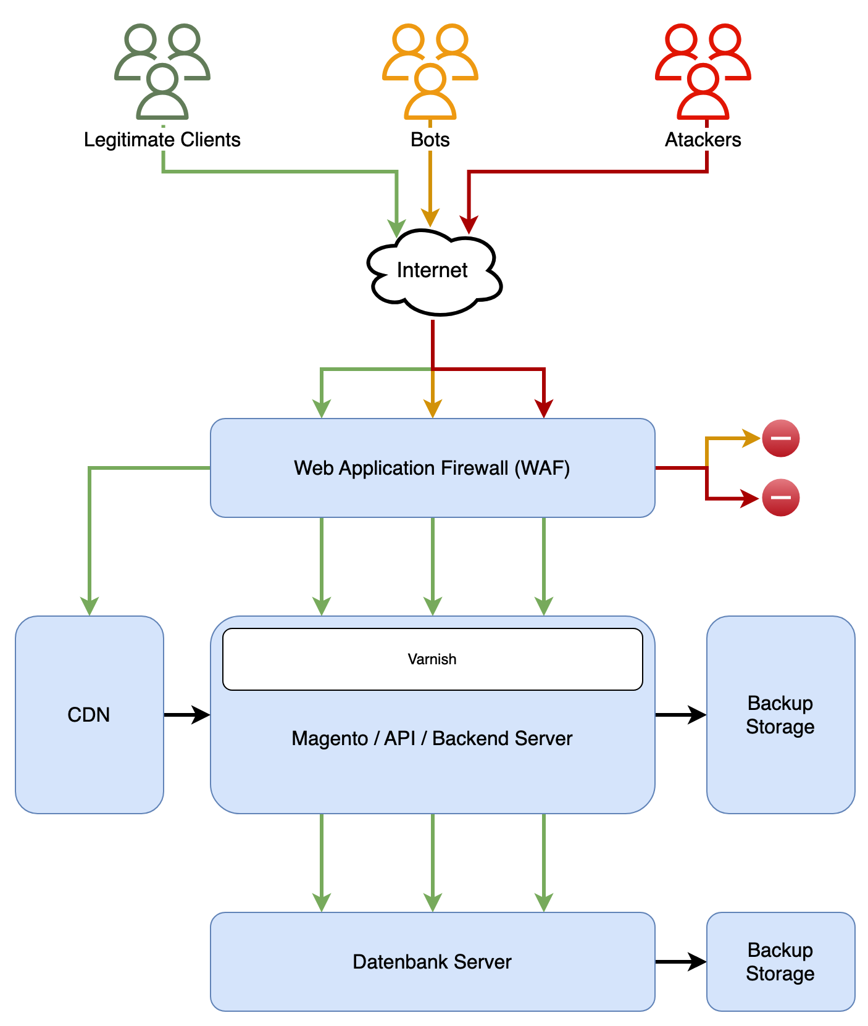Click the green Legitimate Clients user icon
coord(162,72)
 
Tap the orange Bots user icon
coord(430,72)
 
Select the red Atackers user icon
coord(703,72)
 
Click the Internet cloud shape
coord(433,272)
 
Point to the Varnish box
coord(432,659)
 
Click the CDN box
coord(89,715)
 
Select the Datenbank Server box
coord(432,962)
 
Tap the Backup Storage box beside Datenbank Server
coord(780,962)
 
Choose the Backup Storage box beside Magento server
coord(780,715)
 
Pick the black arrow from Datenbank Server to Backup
coord(680,962)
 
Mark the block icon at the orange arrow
coord(781,438)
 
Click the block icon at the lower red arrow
coord(781,498)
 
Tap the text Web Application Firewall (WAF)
coord(432,468)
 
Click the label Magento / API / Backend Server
coord(432,738)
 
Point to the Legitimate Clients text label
coord(162,140)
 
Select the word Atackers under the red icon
coord(703,140)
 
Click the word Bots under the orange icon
coord(430,140)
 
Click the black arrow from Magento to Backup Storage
coord(680,715)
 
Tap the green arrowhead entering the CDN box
coord(90,606)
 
